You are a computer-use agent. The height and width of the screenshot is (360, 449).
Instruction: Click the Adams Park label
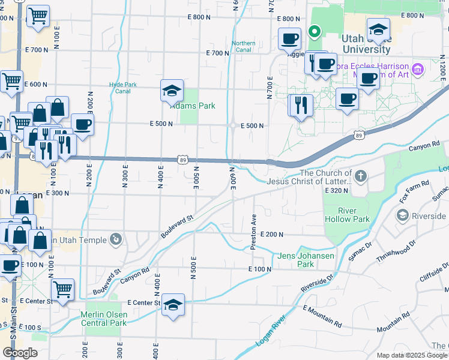coord(193,106)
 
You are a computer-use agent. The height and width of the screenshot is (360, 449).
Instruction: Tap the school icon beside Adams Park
coord(172,91)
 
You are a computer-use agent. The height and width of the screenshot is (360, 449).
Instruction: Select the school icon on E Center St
coord(173,305)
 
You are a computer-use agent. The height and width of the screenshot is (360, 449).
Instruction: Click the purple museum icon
coord(418,69)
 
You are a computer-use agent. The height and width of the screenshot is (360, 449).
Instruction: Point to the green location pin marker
coord(314,31)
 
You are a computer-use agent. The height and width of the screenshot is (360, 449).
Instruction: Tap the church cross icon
coord(360,176)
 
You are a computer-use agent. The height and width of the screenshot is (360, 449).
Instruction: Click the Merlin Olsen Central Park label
coord(104,319)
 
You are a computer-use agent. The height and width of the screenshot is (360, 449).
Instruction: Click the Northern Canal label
coord(244,46)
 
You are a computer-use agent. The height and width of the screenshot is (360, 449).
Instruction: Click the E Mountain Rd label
coord(322,317)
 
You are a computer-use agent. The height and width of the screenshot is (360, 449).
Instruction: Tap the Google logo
coord(19,353)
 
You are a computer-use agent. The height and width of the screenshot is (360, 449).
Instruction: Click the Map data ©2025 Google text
coord(412,355)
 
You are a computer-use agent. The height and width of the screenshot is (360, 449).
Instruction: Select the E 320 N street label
coord(336,190)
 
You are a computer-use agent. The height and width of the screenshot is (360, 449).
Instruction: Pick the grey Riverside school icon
coord(402,214)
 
